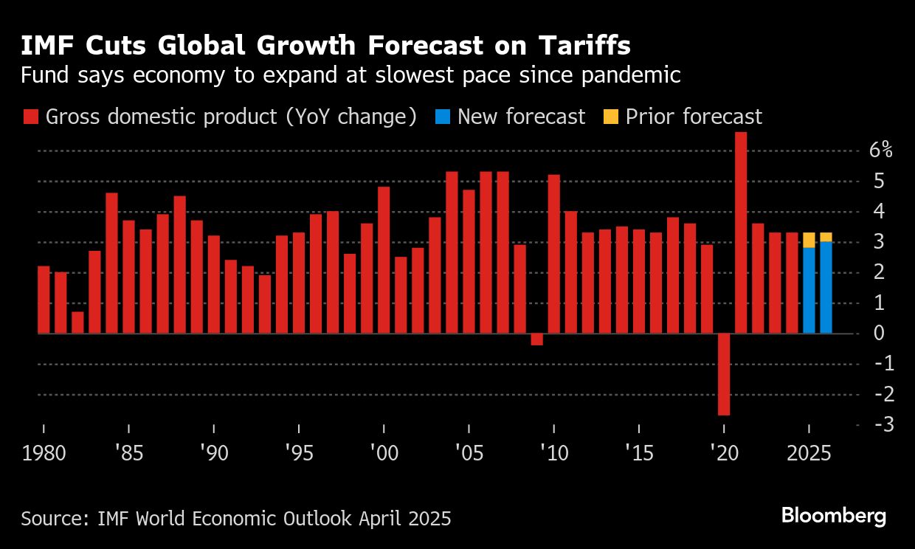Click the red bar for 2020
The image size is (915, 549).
(724, 374)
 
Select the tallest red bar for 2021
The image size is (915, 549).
(741, 232)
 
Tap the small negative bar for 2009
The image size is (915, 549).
(537, 339)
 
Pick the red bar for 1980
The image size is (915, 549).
(44, 300)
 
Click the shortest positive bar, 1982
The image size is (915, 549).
(77, 322)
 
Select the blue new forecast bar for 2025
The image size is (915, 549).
(809, 290)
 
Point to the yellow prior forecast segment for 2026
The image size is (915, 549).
(826, 237)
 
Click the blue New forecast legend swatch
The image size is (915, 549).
(443, 117)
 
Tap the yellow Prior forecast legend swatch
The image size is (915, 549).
(611, 117)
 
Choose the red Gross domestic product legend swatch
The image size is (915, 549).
(31, 117)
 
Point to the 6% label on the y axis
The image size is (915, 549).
(880, 151)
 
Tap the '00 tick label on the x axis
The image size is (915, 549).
(384, 453)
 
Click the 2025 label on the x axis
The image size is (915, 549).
(809, 453)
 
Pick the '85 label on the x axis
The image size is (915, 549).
(128, 453)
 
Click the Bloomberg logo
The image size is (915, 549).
(834, 516)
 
